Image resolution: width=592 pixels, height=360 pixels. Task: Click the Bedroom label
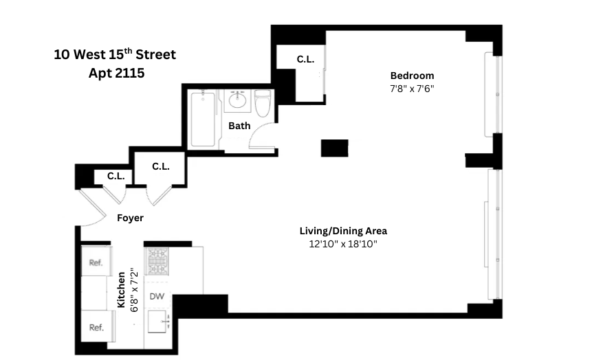(412, 76)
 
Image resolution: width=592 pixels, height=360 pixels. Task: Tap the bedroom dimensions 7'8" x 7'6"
(412, 89)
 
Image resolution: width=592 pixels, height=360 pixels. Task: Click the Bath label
(239, 126)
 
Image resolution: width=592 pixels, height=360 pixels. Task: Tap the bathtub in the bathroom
(204, 118)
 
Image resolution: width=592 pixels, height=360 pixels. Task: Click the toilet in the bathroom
(263, 104)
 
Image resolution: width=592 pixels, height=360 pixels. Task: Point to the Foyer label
(130, 218)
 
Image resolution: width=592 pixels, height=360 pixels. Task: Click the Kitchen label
(121, 289)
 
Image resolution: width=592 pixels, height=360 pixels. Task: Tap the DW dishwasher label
(158, 297)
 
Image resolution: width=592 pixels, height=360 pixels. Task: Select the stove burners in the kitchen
(157, 262)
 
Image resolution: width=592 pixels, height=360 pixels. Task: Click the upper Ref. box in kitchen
(95, 262)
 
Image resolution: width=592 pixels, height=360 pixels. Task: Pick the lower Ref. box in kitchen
(96, 327)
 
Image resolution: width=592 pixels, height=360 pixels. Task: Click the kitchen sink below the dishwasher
(159, 322)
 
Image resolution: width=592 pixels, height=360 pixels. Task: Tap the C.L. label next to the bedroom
(305, 60)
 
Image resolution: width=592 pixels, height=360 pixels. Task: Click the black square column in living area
(334, 148)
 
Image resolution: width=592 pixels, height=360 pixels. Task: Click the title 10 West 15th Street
(115, 54)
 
